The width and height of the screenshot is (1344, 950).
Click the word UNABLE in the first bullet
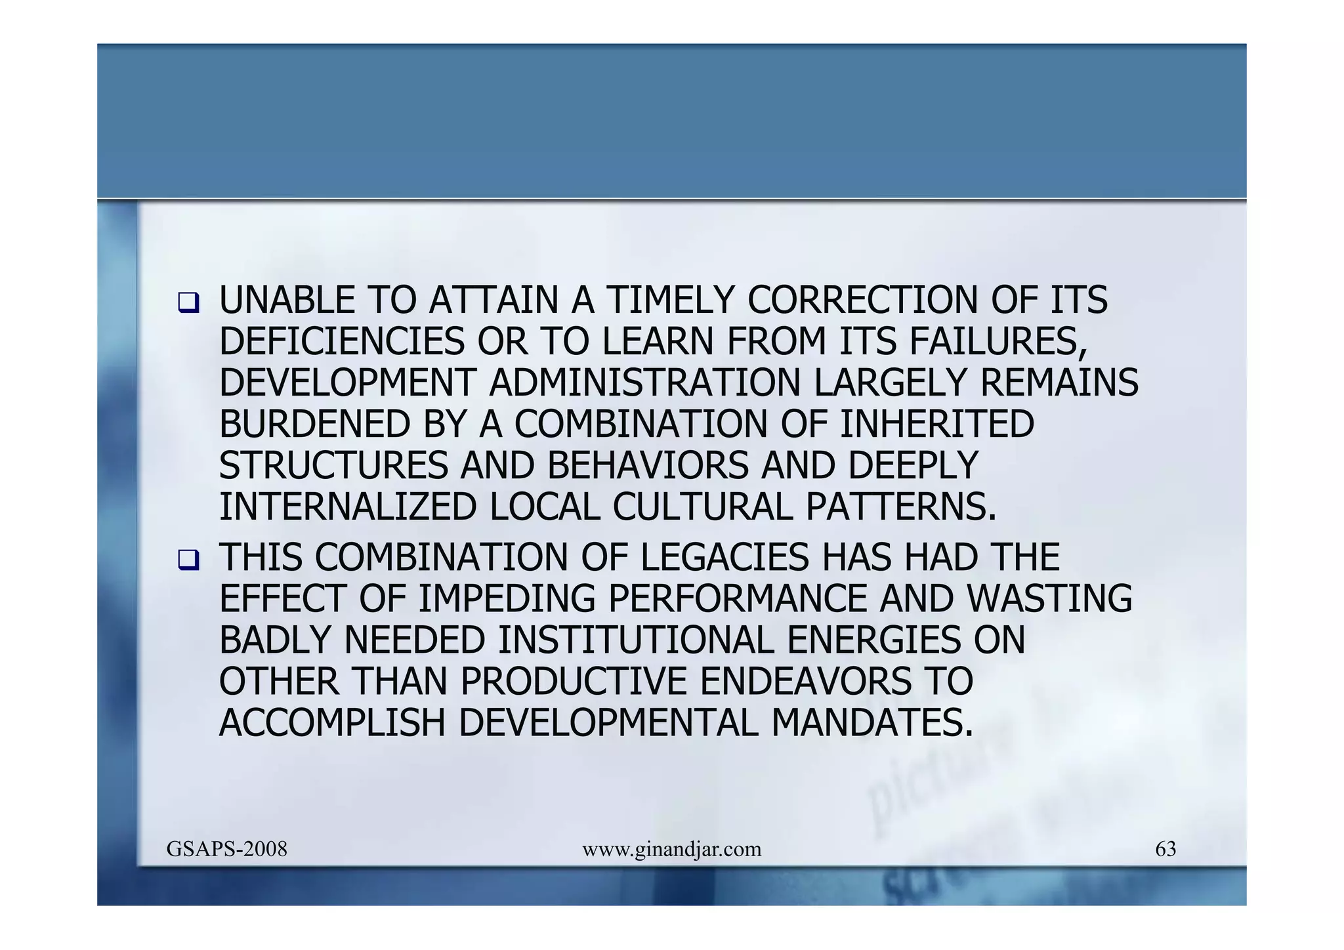[286, 300]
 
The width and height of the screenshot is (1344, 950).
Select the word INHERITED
[936, 424]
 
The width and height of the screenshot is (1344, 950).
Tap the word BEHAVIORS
[647, 466]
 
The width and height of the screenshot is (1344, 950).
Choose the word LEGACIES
[724, 558]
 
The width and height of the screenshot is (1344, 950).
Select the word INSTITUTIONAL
[636, 640]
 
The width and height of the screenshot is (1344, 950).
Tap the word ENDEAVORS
[806, 682]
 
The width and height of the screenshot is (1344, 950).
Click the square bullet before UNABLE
[188, 303]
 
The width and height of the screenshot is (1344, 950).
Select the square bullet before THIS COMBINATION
[188, 560]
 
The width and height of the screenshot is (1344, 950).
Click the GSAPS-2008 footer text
[227, 850]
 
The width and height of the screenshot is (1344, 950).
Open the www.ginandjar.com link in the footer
[671, 850]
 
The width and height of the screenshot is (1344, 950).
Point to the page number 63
[1165, 850]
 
